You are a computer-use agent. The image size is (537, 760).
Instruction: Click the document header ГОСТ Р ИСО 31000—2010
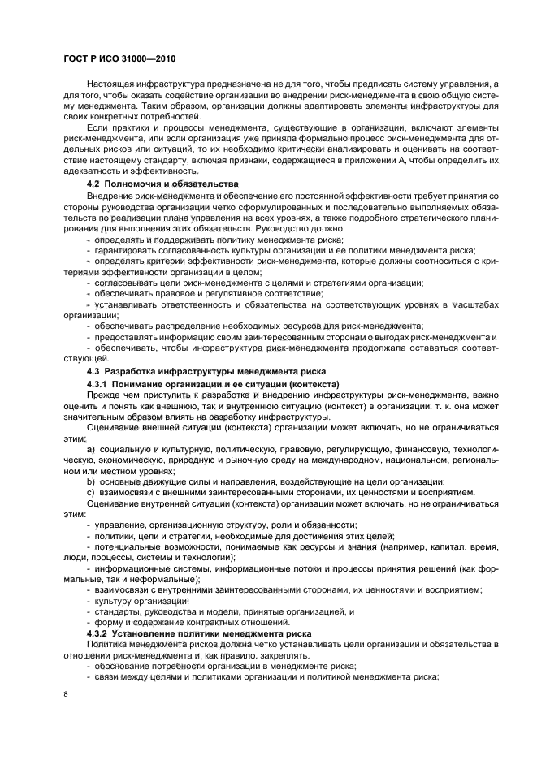pyautogui.click(x=121, y=59)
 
